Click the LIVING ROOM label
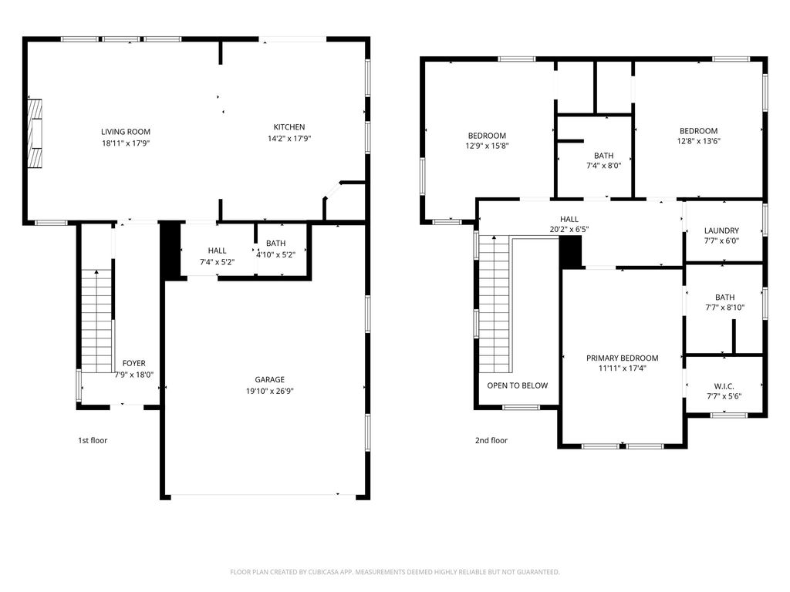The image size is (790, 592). point(125,132)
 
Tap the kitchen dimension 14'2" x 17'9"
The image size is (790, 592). point(289,139)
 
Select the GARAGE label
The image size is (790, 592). point(270,379)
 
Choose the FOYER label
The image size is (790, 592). point(133,363)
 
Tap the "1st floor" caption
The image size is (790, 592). point(93,441)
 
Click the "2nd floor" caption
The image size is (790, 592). point(491,441)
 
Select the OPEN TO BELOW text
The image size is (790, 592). point(517,385)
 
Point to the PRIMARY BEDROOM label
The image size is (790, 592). point(622,358)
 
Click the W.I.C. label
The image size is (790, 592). point(724,385)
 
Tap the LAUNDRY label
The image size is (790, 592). point(721,230)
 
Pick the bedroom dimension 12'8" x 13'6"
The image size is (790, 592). point(698,142)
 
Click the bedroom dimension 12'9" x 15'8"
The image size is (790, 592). point(486,146)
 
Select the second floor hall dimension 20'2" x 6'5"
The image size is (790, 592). point(569,229)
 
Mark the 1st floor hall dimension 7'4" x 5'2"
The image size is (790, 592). point(217,262)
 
